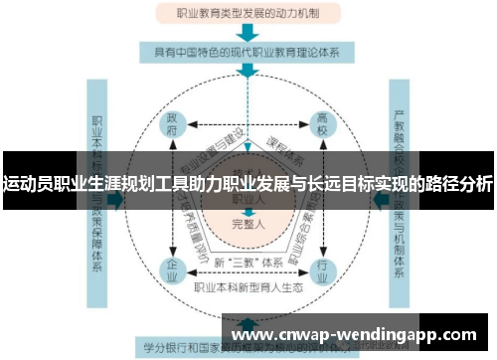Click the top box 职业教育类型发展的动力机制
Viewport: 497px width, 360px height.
pyautogui.click(x=248, y=15)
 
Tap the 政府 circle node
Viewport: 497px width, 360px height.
pyautogui.click(x=172, y=126)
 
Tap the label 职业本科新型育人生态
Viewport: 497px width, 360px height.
pyautogui.click(x=248, y=286)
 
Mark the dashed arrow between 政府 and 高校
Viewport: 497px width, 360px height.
pyautogui.click(x=248, y=126)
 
